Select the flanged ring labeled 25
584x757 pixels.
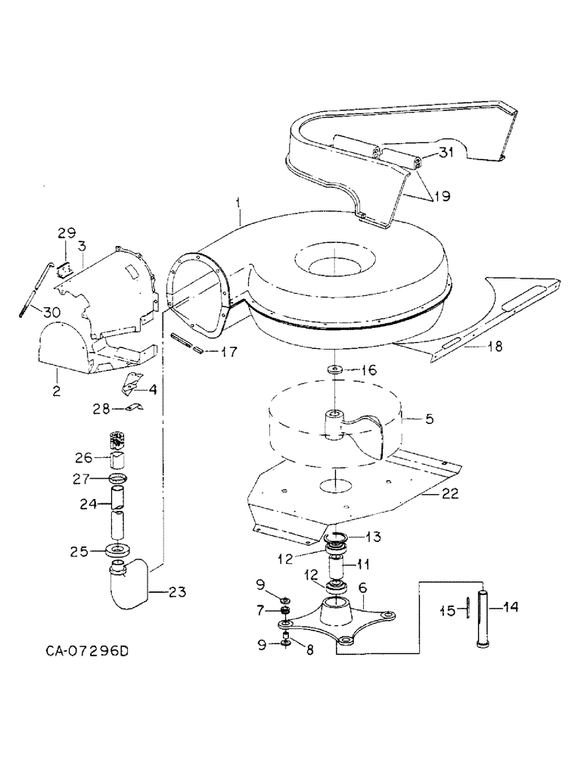[120, 550]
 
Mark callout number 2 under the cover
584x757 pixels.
[56, 372]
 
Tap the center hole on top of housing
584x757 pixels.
[331, 266]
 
